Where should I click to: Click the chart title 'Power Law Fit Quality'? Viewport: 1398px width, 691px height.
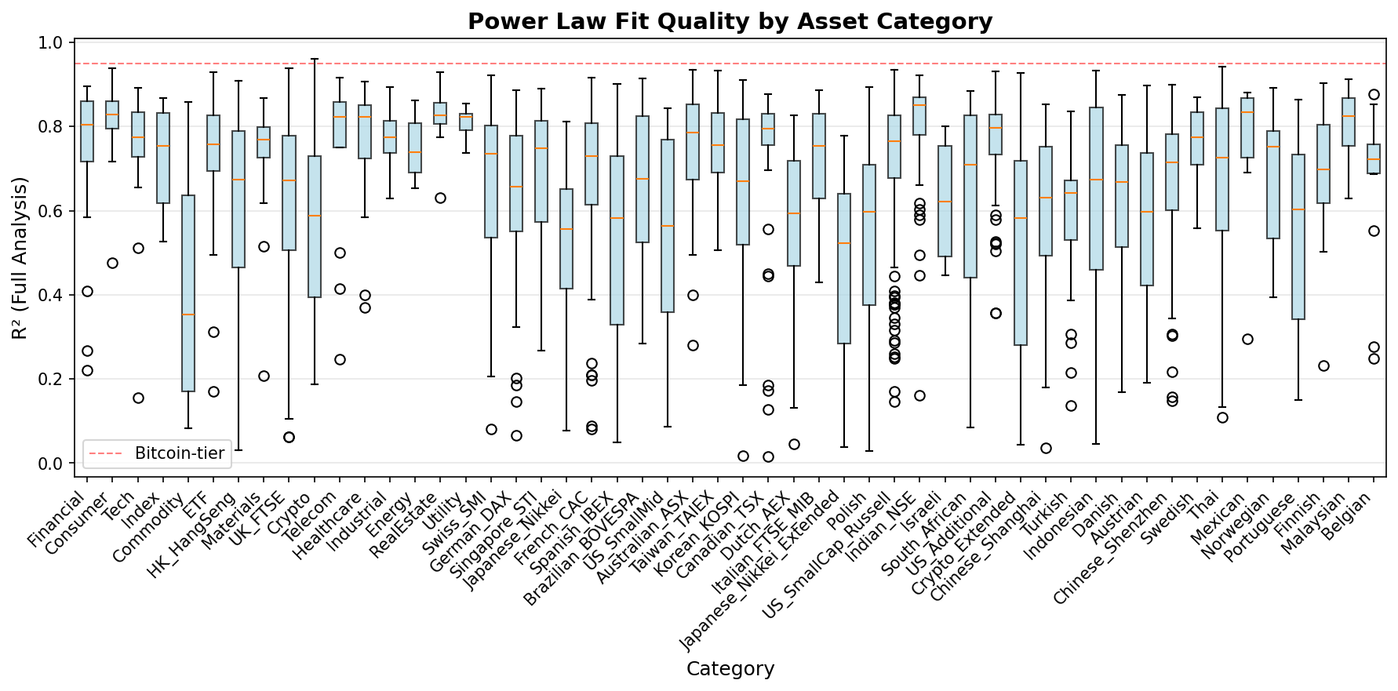click(730, 21)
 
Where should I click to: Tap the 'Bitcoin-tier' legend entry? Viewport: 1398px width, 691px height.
click(180, 453)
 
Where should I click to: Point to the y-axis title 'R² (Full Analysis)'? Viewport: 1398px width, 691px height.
click(20, 258)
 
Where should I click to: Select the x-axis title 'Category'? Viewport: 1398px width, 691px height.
click(730, 668)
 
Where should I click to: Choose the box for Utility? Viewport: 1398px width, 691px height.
click(466, 122)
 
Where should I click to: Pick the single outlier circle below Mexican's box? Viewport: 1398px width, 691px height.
click(1247, 339)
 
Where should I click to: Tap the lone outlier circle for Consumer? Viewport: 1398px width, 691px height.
click(112, 263)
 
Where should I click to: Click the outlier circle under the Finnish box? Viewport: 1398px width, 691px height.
click(1323, 366)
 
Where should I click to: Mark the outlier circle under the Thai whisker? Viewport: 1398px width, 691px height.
click(1222, 417)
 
